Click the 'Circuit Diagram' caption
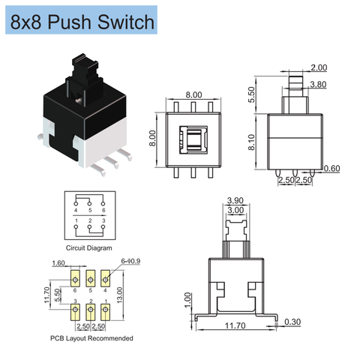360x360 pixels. tap(89, 247)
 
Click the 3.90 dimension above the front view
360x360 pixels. tap(235, 201)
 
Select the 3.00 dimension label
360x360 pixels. tap(235, 211)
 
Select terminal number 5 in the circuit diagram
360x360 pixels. tap(90, 211)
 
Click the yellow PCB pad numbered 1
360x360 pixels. tap(106, 310)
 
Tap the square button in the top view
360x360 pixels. tap(193, 139)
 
